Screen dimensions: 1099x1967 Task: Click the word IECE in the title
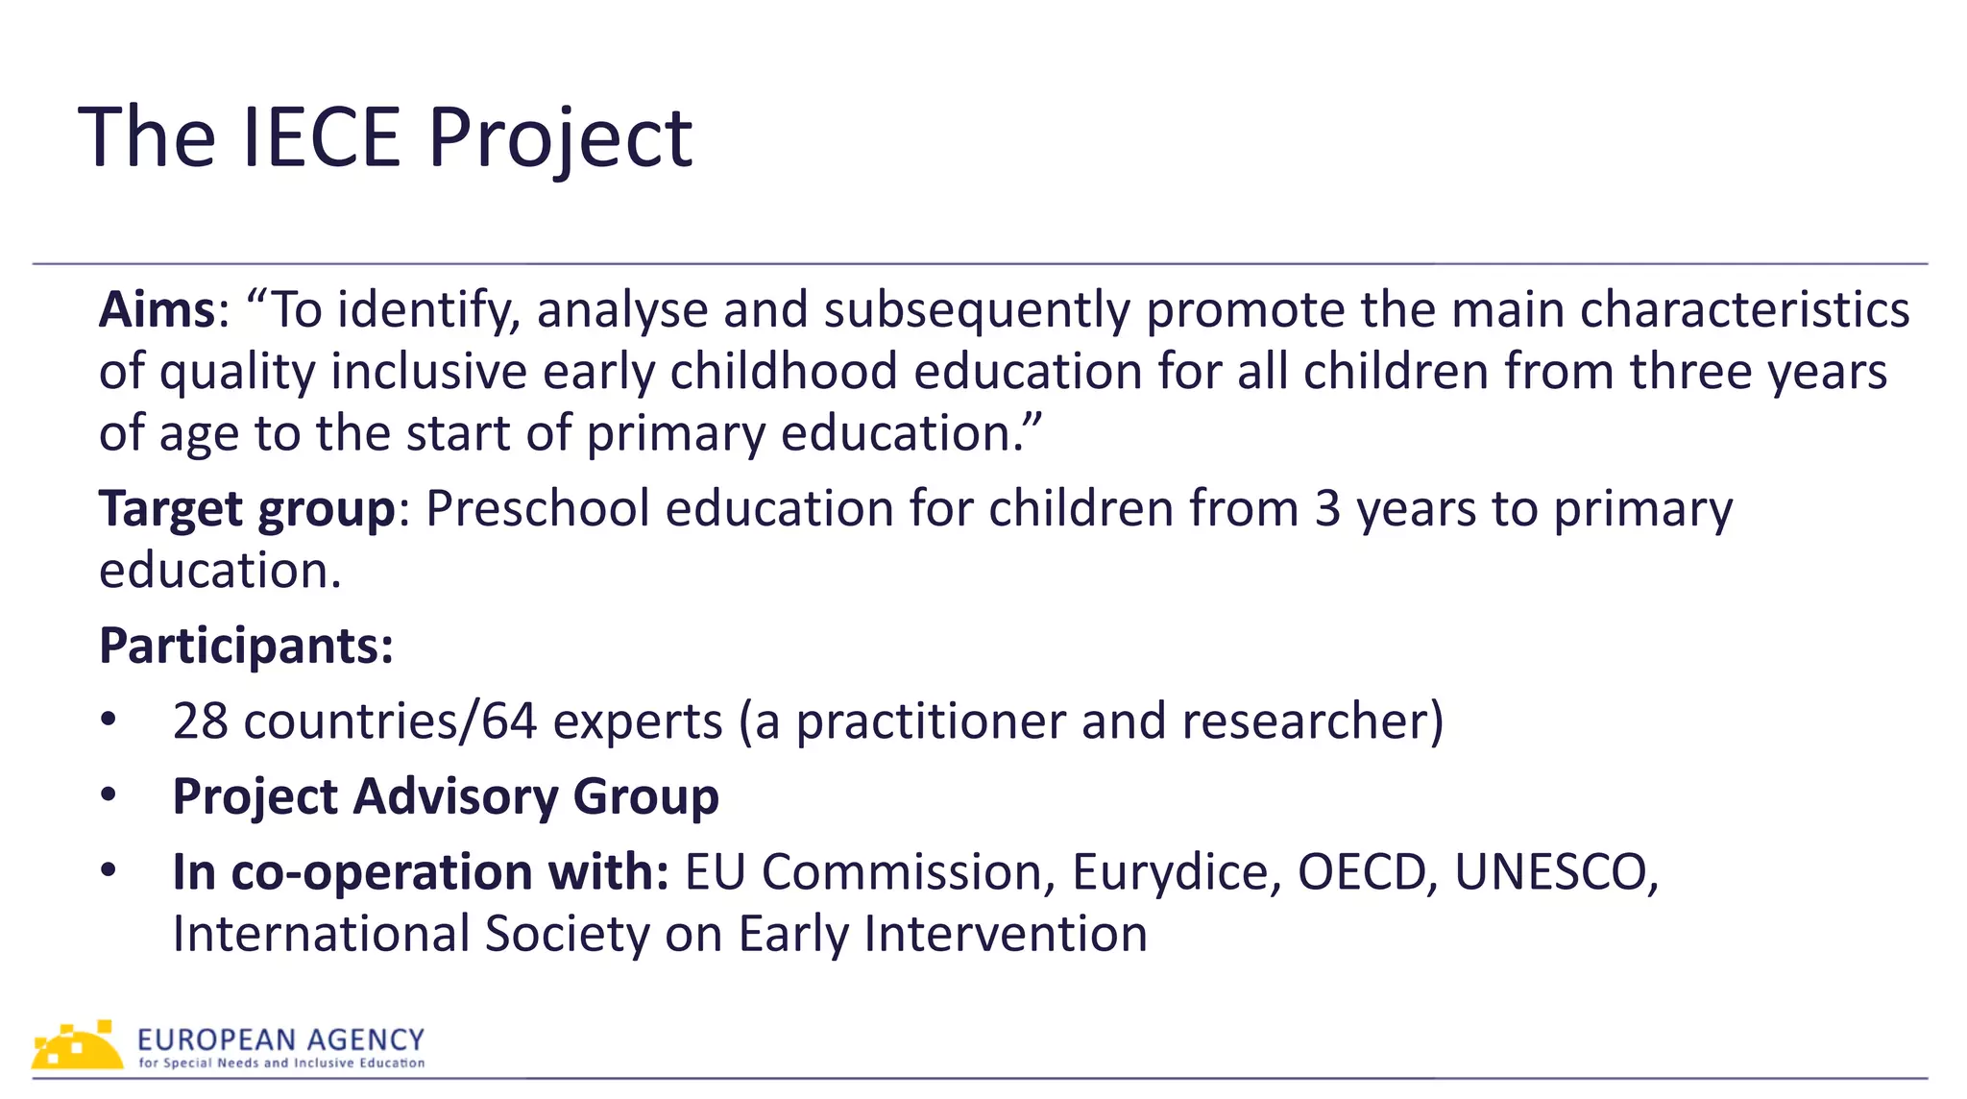(x=321, y=138)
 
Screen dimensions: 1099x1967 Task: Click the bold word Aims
(x=158, y=310)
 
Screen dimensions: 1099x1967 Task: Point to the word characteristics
(x=1744, y=310)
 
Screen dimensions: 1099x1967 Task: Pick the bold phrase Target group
(x=247, y=509)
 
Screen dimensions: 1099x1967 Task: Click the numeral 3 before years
(x=1327, y=509)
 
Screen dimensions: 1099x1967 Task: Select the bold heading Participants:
(x=246, y=646)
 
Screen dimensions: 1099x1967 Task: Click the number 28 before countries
(x=200, y=721)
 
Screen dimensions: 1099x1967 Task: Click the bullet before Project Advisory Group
(x=109, y=795)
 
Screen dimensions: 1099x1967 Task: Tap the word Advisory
(x=456, y=797)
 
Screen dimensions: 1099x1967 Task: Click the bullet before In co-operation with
(x=109, y=870)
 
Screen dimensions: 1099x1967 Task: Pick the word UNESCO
(x=1554, y=872)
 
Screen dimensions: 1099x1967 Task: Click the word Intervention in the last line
(x=1005, y=934)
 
